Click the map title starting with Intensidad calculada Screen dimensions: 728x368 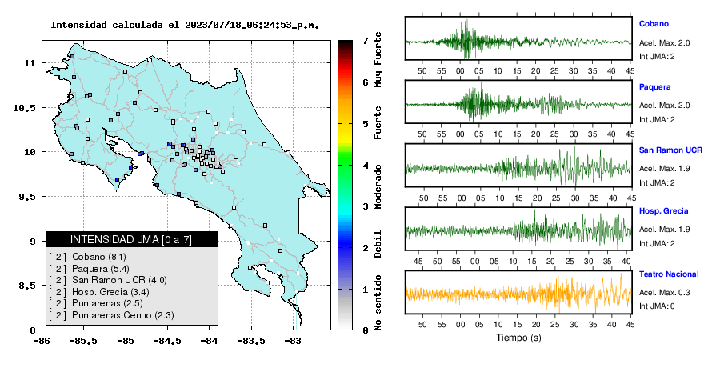click(x=185, y=25)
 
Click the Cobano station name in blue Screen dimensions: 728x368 click(x=654, y=24)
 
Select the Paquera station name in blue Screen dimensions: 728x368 click(x=654, y=86)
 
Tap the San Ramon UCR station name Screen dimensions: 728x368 click(x=670, y=150)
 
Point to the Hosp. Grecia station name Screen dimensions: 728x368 click(x=663, y=210)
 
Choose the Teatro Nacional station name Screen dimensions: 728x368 click(x=669, y=274)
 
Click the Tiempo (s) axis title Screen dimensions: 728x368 click(x=518, y=338)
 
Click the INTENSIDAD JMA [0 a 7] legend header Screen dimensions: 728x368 click(x=131, y=239)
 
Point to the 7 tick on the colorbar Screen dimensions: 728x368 click(x=366, y=41)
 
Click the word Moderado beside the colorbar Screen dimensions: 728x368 click(x=378, y=186)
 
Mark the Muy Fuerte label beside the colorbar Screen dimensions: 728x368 click(x=378, y=59)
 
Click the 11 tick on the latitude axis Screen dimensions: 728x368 click(x=29, y=62)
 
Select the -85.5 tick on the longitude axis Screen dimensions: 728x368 click(x=83, y=341)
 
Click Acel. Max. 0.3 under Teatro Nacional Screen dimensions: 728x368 click(x=664, y=292)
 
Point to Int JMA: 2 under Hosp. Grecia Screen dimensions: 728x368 click(x=657, y=244)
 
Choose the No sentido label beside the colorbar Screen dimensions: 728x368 click(x=378, y=302)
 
